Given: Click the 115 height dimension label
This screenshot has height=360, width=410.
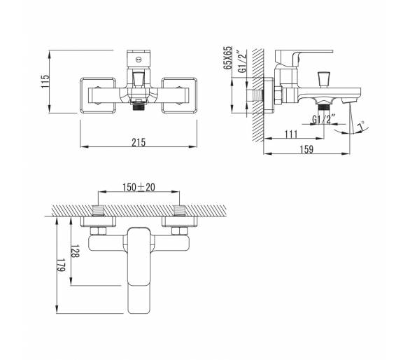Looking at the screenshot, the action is (45, 81).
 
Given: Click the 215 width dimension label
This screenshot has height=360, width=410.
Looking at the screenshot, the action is (139, 142).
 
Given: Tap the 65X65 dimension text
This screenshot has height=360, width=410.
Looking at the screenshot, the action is (227, 57).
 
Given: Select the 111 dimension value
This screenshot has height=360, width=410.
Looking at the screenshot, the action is (291, 134).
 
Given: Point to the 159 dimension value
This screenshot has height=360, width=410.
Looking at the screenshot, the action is (306, 149).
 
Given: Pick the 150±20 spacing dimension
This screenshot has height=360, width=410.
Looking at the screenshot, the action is (139, 187).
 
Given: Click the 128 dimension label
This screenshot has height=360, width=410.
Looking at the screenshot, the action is (75, 251).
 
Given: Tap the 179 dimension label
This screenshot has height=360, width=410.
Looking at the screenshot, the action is (61, 265).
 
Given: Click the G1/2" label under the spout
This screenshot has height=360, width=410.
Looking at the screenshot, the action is (324, 120).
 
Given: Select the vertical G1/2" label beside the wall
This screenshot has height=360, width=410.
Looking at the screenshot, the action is (242, 62).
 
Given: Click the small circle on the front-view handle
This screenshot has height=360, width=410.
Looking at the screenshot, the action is (139, 60).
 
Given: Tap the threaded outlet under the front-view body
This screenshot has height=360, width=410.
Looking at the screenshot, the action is (139, 106).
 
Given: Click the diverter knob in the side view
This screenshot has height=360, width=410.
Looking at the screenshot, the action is (324, 79).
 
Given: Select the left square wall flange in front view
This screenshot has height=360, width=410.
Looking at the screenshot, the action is (98, 95).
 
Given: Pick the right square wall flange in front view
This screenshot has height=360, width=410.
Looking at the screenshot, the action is (179, 95).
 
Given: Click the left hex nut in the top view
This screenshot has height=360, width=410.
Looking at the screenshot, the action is (98, 231).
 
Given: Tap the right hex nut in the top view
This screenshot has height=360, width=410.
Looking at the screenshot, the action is (180, 231).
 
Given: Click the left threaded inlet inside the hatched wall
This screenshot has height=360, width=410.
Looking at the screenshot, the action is (99, 211).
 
